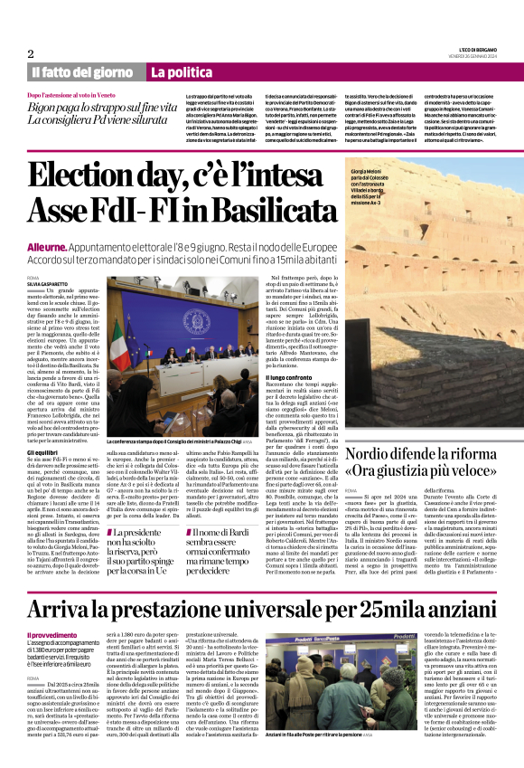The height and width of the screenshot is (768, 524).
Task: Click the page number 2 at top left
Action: tap(31, 53)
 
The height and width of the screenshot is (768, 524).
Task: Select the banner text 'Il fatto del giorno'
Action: tap(82, 71)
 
